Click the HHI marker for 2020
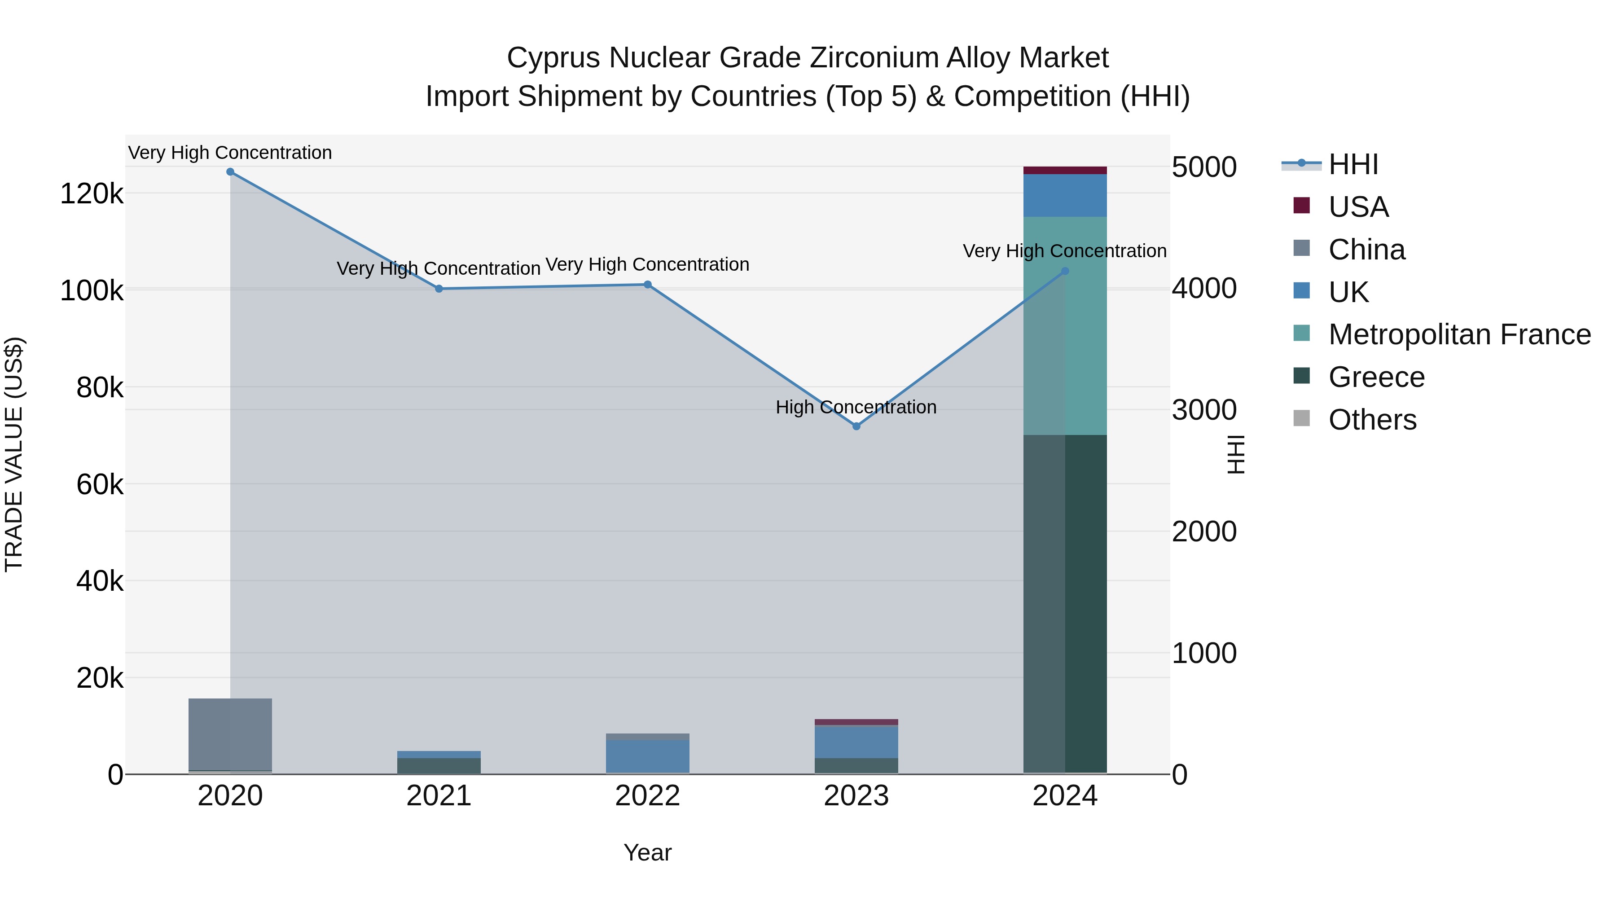[230, 172]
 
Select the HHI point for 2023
[856, 426]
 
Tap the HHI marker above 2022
[647, 285]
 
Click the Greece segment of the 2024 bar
[1065, 602]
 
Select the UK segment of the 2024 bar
[1065, 196]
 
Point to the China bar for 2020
[230, 734]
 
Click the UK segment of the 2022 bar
[647, 756]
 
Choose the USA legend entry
[1358, 207]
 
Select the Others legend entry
[1372, 420]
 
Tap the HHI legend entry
[1353, 164]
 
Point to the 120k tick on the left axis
[92, 194]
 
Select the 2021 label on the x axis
[439, 796]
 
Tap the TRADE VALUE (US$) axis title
[14, 454]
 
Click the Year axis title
[647, 852]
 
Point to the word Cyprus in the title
[554, 58]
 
